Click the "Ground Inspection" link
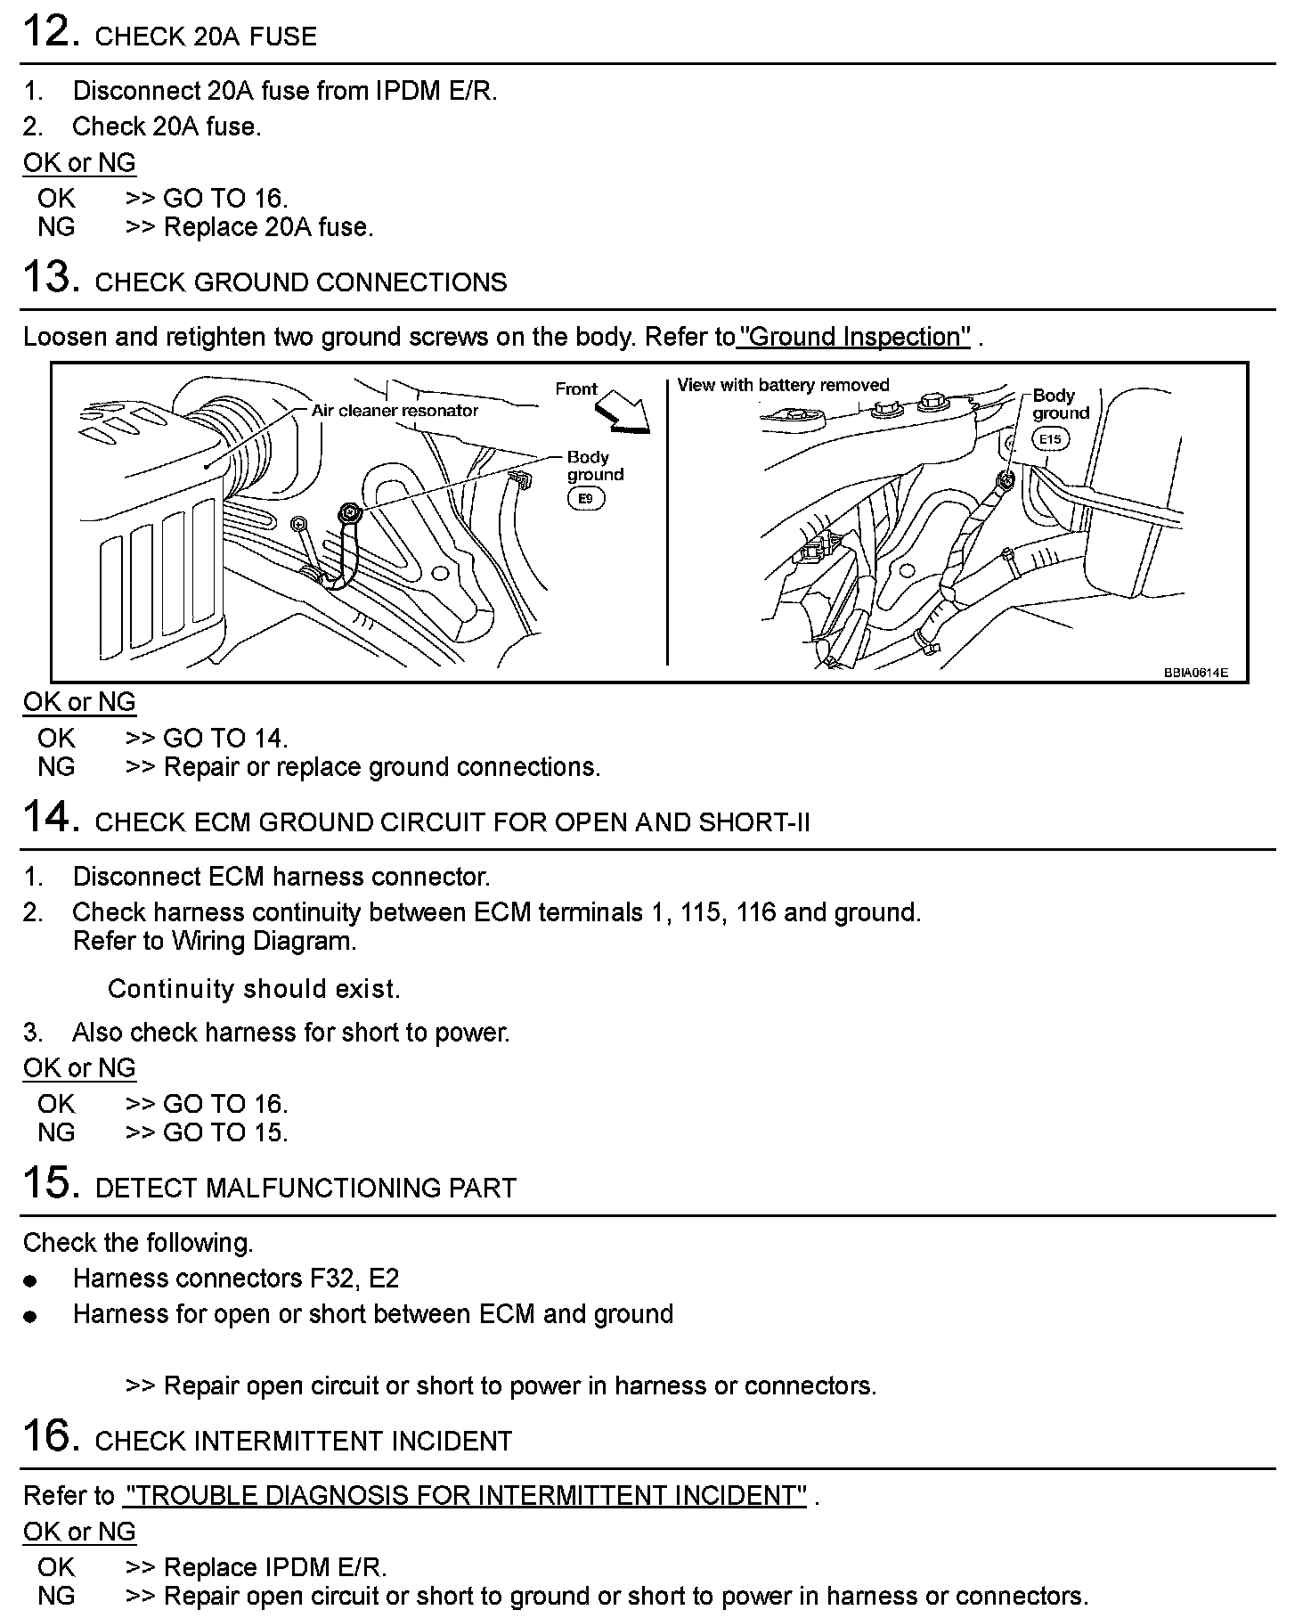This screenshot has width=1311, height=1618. click(854, 337)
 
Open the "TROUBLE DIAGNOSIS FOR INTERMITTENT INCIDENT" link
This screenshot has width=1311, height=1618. click(465, 1496)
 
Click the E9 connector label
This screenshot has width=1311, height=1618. click(585, 499)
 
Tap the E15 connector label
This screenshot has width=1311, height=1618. click(1050, 439)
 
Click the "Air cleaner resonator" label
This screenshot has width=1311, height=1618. click(395, 411)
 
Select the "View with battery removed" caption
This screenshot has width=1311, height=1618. click(783, 385)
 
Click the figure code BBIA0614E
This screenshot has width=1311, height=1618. click(1195, 673)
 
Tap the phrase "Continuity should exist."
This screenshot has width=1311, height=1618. click(254, 989)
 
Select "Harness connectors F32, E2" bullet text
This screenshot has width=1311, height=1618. click(235, 1279)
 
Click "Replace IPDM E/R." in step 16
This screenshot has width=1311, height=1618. click(275, 1567)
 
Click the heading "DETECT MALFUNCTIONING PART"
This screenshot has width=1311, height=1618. click(305, 1188)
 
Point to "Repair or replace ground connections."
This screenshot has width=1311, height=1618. click(382, 767)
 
